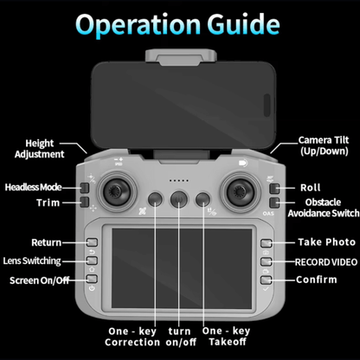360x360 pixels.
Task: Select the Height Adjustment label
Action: click(x=40, y=148)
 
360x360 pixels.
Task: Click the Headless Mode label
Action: click(x=33, y=187)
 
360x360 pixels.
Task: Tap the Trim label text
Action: click(x=48, y=202)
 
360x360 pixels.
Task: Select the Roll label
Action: click(x=310, y=188)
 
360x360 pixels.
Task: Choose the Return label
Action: click(x=46, y=243)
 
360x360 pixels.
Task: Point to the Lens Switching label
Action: click(x=32, y=260)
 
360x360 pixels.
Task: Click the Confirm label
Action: click(x=317, y=280)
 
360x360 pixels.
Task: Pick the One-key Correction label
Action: click(x=132, y=337)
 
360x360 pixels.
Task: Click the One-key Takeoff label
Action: click(x=226, y=337)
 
